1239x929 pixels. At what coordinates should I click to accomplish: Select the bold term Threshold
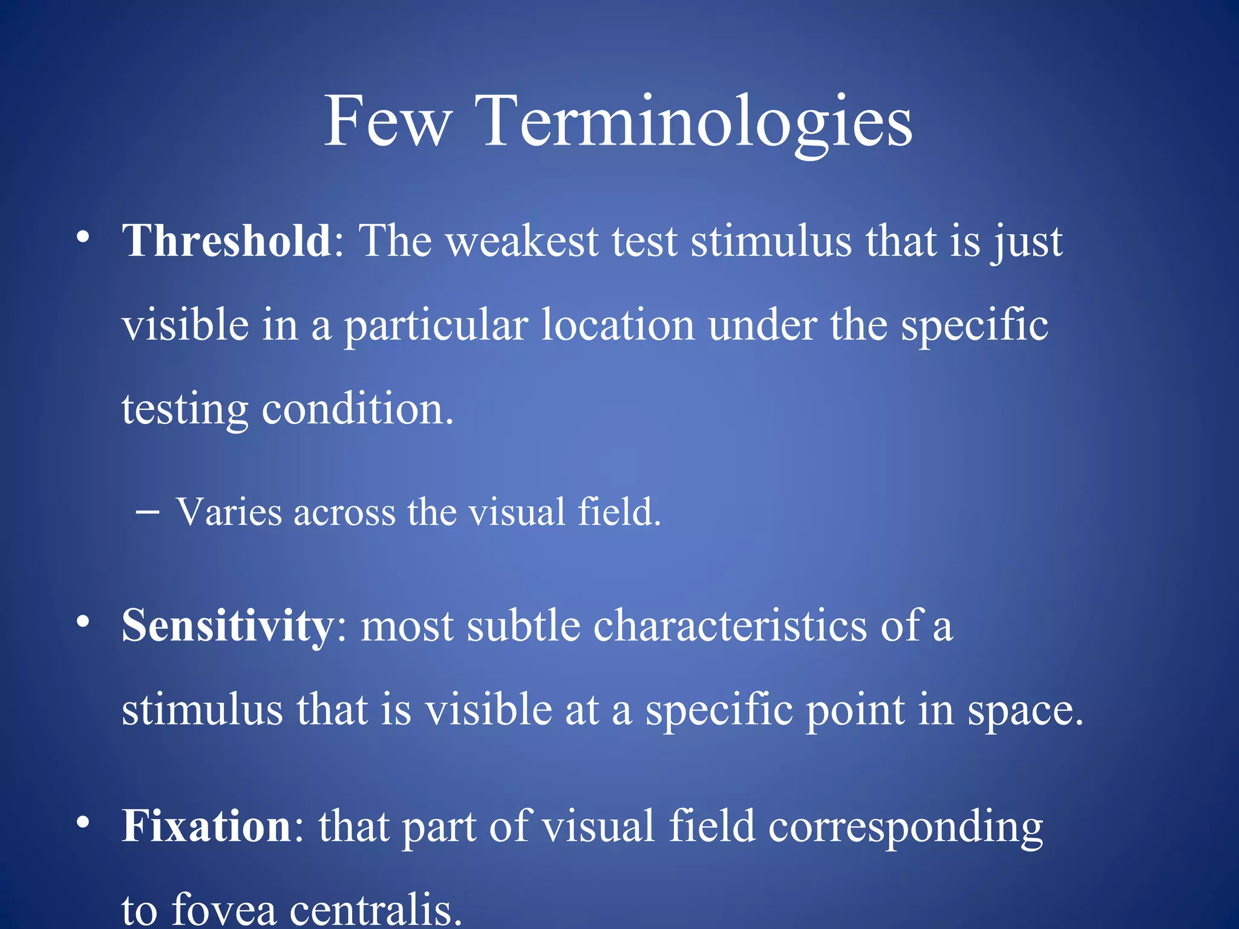[x=226, y=241]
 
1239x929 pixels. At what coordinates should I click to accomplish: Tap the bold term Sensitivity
[x=227, y=626]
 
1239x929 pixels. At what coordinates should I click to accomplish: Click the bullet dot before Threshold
[x=83, y=237]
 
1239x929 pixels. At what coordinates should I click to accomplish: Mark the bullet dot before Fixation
[x=83, y=822]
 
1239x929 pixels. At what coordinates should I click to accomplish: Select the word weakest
[x=521, y=241]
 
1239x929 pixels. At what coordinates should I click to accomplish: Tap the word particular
[x=436, y=326]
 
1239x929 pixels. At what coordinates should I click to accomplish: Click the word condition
[x=357, y=409]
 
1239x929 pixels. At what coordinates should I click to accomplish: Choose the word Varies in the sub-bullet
[x=229, y=512]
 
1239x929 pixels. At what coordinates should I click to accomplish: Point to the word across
[x=344, y=512]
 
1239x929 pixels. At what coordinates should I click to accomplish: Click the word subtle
[x=523, y=626]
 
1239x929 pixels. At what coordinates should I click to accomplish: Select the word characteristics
[x=730, y=626]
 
